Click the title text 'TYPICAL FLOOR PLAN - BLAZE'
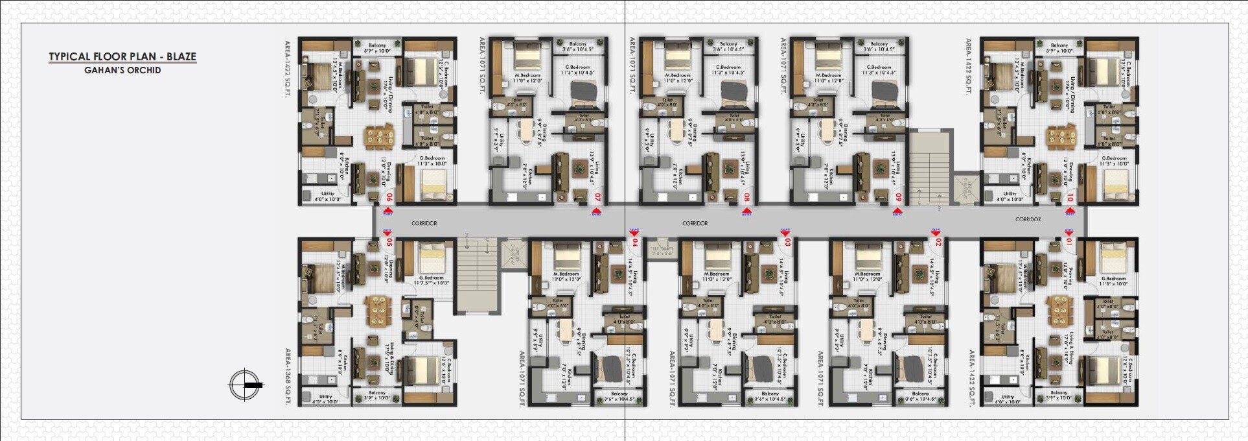pos(122,56)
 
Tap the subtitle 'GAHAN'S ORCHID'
pos(122,70)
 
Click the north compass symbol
pos(245,385)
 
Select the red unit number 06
pos(389,197)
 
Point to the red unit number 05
pos(389,243)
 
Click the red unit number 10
pos(1070,197)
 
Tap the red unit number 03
pos(787,243)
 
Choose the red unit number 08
pos(746,197)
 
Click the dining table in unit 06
pos(378,137)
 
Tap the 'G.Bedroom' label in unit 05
pos(432,278)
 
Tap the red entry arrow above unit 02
pos(936,232)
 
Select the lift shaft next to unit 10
pos(969,188)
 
